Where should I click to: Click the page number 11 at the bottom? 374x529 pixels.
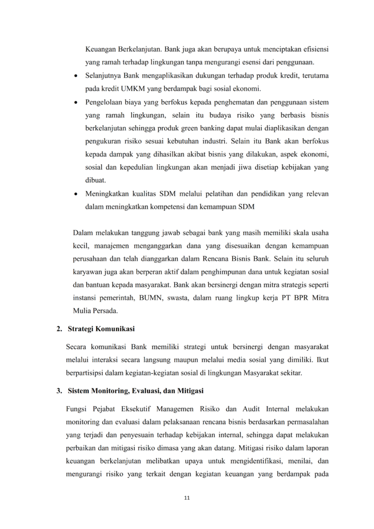187,498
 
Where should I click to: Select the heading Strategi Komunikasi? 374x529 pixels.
101,329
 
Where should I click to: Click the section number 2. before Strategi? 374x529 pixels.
59,329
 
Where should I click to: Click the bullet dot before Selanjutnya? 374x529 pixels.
77,76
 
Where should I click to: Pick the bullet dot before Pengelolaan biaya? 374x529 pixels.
77,102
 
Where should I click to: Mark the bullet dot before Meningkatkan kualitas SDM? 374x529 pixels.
77,194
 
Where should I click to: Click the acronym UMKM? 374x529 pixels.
129,88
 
